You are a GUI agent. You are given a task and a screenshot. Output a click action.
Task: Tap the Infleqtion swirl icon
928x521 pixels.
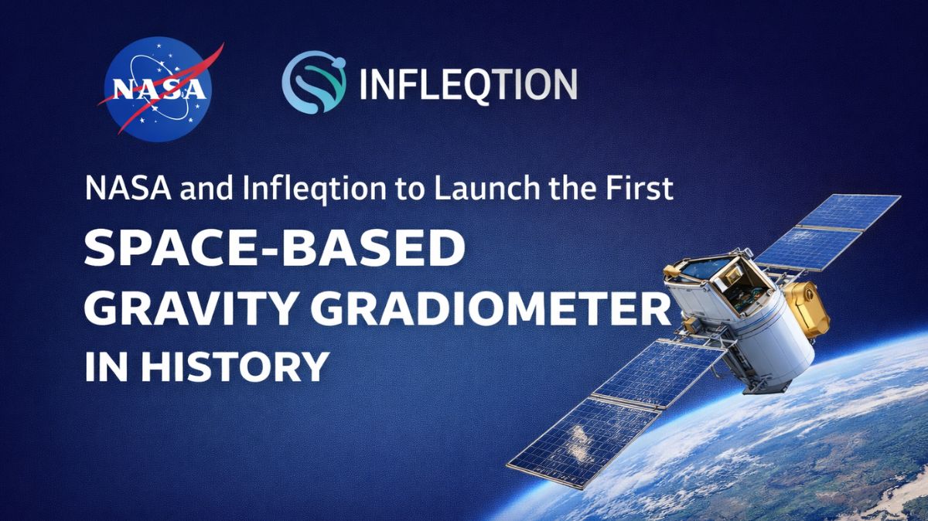pos(312,83)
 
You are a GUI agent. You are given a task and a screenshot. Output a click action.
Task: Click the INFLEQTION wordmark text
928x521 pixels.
pos(468,83)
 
